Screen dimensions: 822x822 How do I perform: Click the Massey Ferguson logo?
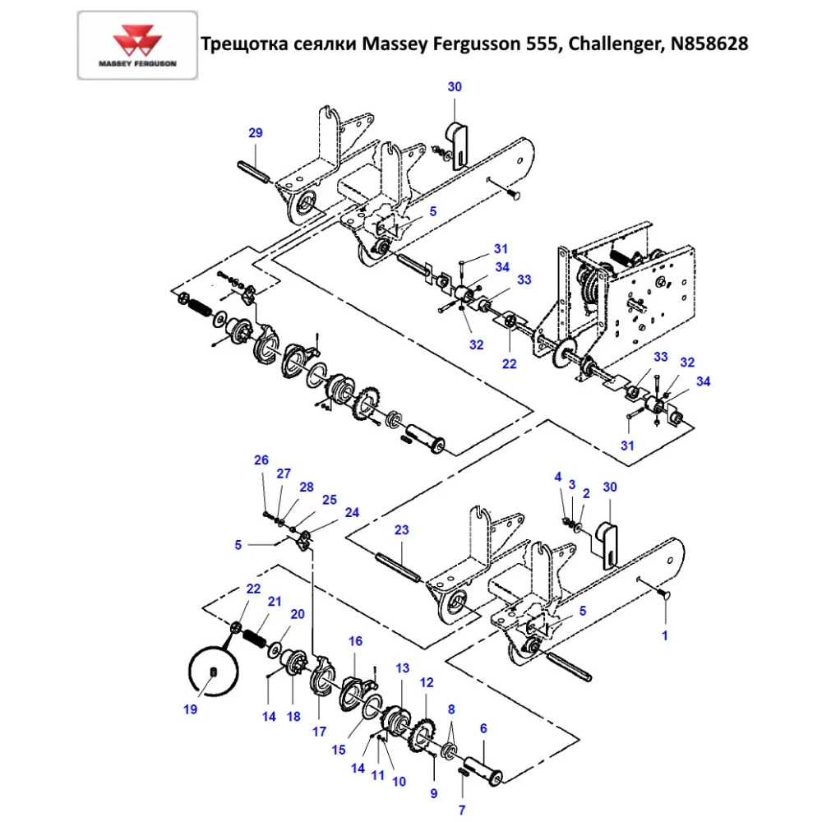pos(137,44)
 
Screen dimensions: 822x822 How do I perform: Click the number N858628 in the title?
pos(709,44)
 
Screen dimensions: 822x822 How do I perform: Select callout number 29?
pos(255,132)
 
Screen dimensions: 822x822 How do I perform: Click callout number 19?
pos(191,710)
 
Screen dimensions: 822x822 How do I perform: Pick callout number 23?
pos(400,531)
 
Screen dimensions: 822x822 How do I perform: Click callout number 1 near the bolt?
pos(665,635)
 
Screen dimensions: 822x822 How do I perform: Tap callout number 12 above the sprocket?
pos(427,682)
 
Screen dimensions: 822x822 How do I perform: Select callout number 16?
pos(355,641)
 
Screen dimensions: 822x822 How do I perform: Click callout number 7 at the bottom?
pos(462,810)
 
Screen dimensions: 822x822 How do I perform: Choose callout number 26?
pos(261,460)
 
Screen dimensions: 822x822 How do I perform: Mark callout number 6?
pos(483,728)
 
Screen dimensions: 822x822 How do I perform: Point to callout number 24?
pos(352,512)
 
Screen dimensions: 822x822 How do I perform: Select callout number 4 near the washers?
pos(557,477)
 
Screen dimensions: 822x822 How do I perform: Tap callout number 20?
pos(298,614)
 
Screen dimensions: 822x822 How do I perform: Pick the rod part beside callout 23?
pos(399,568)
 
